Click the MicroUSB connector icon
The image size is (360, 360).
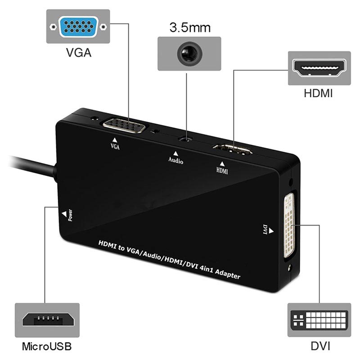47,320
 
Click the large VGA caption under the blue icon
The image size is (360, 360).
78,53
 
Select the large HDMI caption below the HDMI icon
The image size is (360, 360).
319,94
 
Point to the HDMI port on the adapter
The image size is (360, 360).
233,150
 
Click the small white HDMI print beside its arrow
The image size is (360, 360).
222,171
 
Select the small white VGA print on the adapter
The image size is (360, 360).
115,146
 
